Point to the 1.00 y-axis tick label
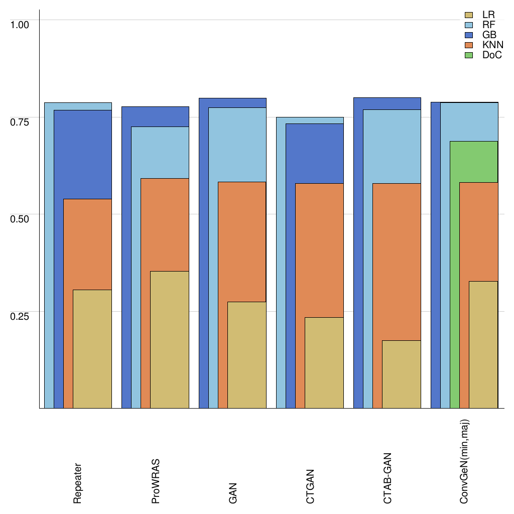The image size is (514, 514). tap(21, 24)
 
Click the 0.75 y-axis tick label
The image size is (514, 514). tap(21, 121)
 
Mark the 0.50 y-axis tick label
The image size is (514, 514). tap(21, 219)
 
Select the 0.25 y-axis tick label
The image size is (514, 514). tap(21, 316)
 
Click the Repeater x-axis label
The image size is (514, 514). tap(78, 483)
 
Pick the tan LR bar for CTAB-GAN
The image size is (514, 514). tap(401, 374)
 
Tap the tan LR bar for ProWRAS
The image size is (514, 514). tap(169, 339)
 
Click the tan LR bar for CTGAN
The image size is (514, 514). tap(324, 362)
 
